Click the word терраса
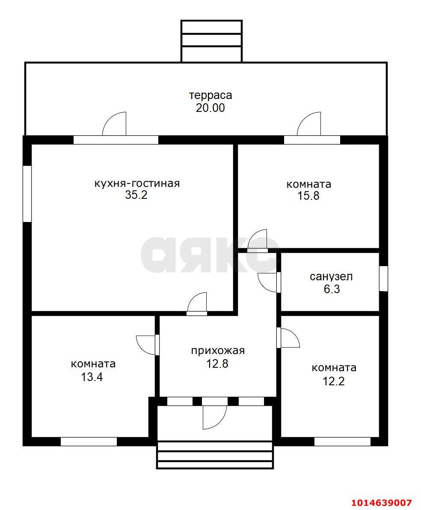click(x=210, y=96)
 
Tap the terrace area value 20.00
click(x=210, y=108)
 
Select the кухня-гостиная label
click(x=137, y=183)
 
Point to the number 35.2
click(x=136, y=195)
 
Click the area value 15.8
click(x=308, y=196)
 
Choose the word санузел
click(x=332, y=277)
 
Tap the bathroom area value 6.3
click(x=332, y=289)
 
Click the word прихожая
click(x=218, y=351)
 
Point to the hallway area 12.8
click(x=217, y=363)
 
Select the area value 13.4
click(x=92, y=377)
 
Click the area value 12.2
click(x=334, y=381)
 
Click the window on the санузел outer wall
click(x=384, y=279)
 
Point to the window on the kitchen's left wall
click(x=27, y=194)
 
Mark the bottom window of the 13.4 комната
click(x=89, y=442)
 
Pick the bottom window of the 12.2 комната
click(x=342, y=442)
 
